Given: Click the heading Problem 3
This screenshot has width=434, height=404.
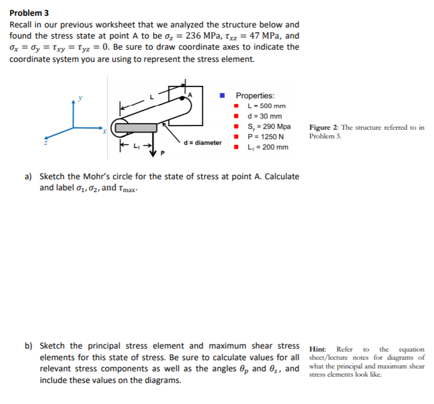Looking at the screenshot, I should (29, 13).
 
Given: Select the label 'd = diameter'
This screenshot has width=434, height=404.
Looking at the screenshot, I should (202, 142).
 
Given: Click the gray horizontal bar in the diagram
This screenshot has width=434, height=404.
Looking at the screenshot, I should (136, 128).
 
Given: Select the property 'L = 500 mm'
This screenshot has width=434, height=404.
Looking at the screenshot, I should (267, 106).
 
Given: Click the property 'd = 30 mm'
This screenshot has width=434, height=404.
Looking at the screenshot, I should (265, 116).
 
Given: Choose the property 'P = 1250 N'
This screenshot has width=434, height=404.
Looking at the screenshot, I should (267, 137).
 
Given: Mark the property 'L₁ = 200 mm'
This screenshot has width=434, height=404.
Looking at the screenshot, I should (268, 147).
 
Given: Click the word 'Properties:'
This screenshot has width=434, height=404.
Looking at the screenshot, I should (255, 96).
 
